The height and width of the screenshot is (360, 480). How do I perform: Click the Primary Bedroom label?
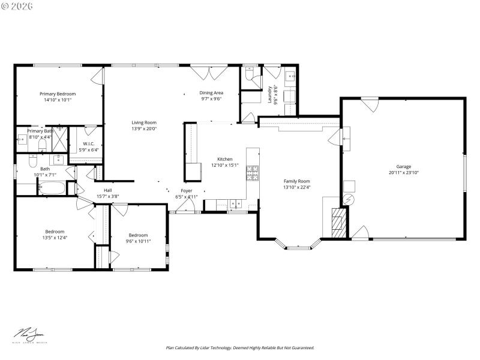point(58,94)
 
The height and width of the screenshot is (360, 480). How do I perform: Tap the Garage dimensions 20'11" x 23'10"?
point(403,172)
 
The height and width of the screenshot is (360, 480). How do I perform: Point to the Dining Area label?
point(211,93)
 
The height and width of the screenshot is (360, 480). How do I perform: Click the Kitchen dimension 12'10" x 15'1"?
point(224,165)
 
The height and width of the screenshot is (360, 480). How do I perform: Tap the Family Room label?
point(296,181)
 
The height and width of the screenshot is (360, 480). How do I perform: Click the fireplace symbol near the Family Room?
point(339,223)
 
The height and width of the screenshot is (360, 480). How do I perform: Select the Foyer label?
point(187,191)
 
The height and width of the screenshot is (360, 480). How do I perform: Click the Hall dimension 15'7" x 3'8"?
point(108,196)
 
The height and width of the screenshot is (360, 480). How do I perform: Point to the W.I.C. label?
point(89,144)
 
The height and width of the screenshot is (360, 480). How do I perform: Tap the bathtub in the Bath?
point(52,188)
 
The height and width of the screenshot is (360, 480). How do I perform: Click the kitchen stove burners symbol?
point(252,173)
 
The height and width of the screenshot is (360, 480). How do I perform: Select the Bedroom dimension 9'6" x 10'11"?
point(138,241)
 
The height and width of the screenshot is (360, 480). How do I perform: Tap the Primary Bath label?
point(40,131)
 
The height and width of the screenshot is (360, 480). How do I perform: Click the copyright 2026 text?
point(18,5)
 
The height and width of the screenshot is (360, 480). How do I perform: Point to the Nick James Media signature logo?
point(30,335)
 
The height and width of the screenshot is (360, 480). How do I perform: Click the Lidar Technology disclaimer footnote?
point(239,347)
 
